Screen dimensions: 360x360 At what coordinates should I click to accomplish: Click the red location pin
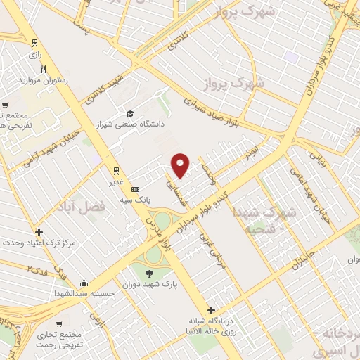181,165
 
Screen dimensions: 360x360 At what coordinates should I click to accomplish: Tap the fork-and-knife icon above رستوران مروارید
44,70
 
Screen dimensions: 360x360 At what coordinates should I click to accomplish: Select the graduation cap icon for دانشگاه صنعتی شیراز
129,113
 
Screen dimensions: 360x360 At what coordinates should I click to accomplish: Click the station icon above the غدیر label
115,171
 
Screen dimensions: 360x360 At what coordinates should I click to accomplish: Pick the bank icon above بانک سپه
136,189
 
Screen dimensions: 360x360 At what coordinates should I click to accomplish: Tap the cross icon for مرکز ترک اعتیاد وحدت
38,232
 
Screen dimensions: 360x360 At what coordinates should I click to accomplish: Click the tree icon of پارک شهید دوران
150,274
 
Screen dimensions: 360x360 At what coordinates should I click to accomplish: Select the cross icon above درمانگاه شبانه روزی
210,310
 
